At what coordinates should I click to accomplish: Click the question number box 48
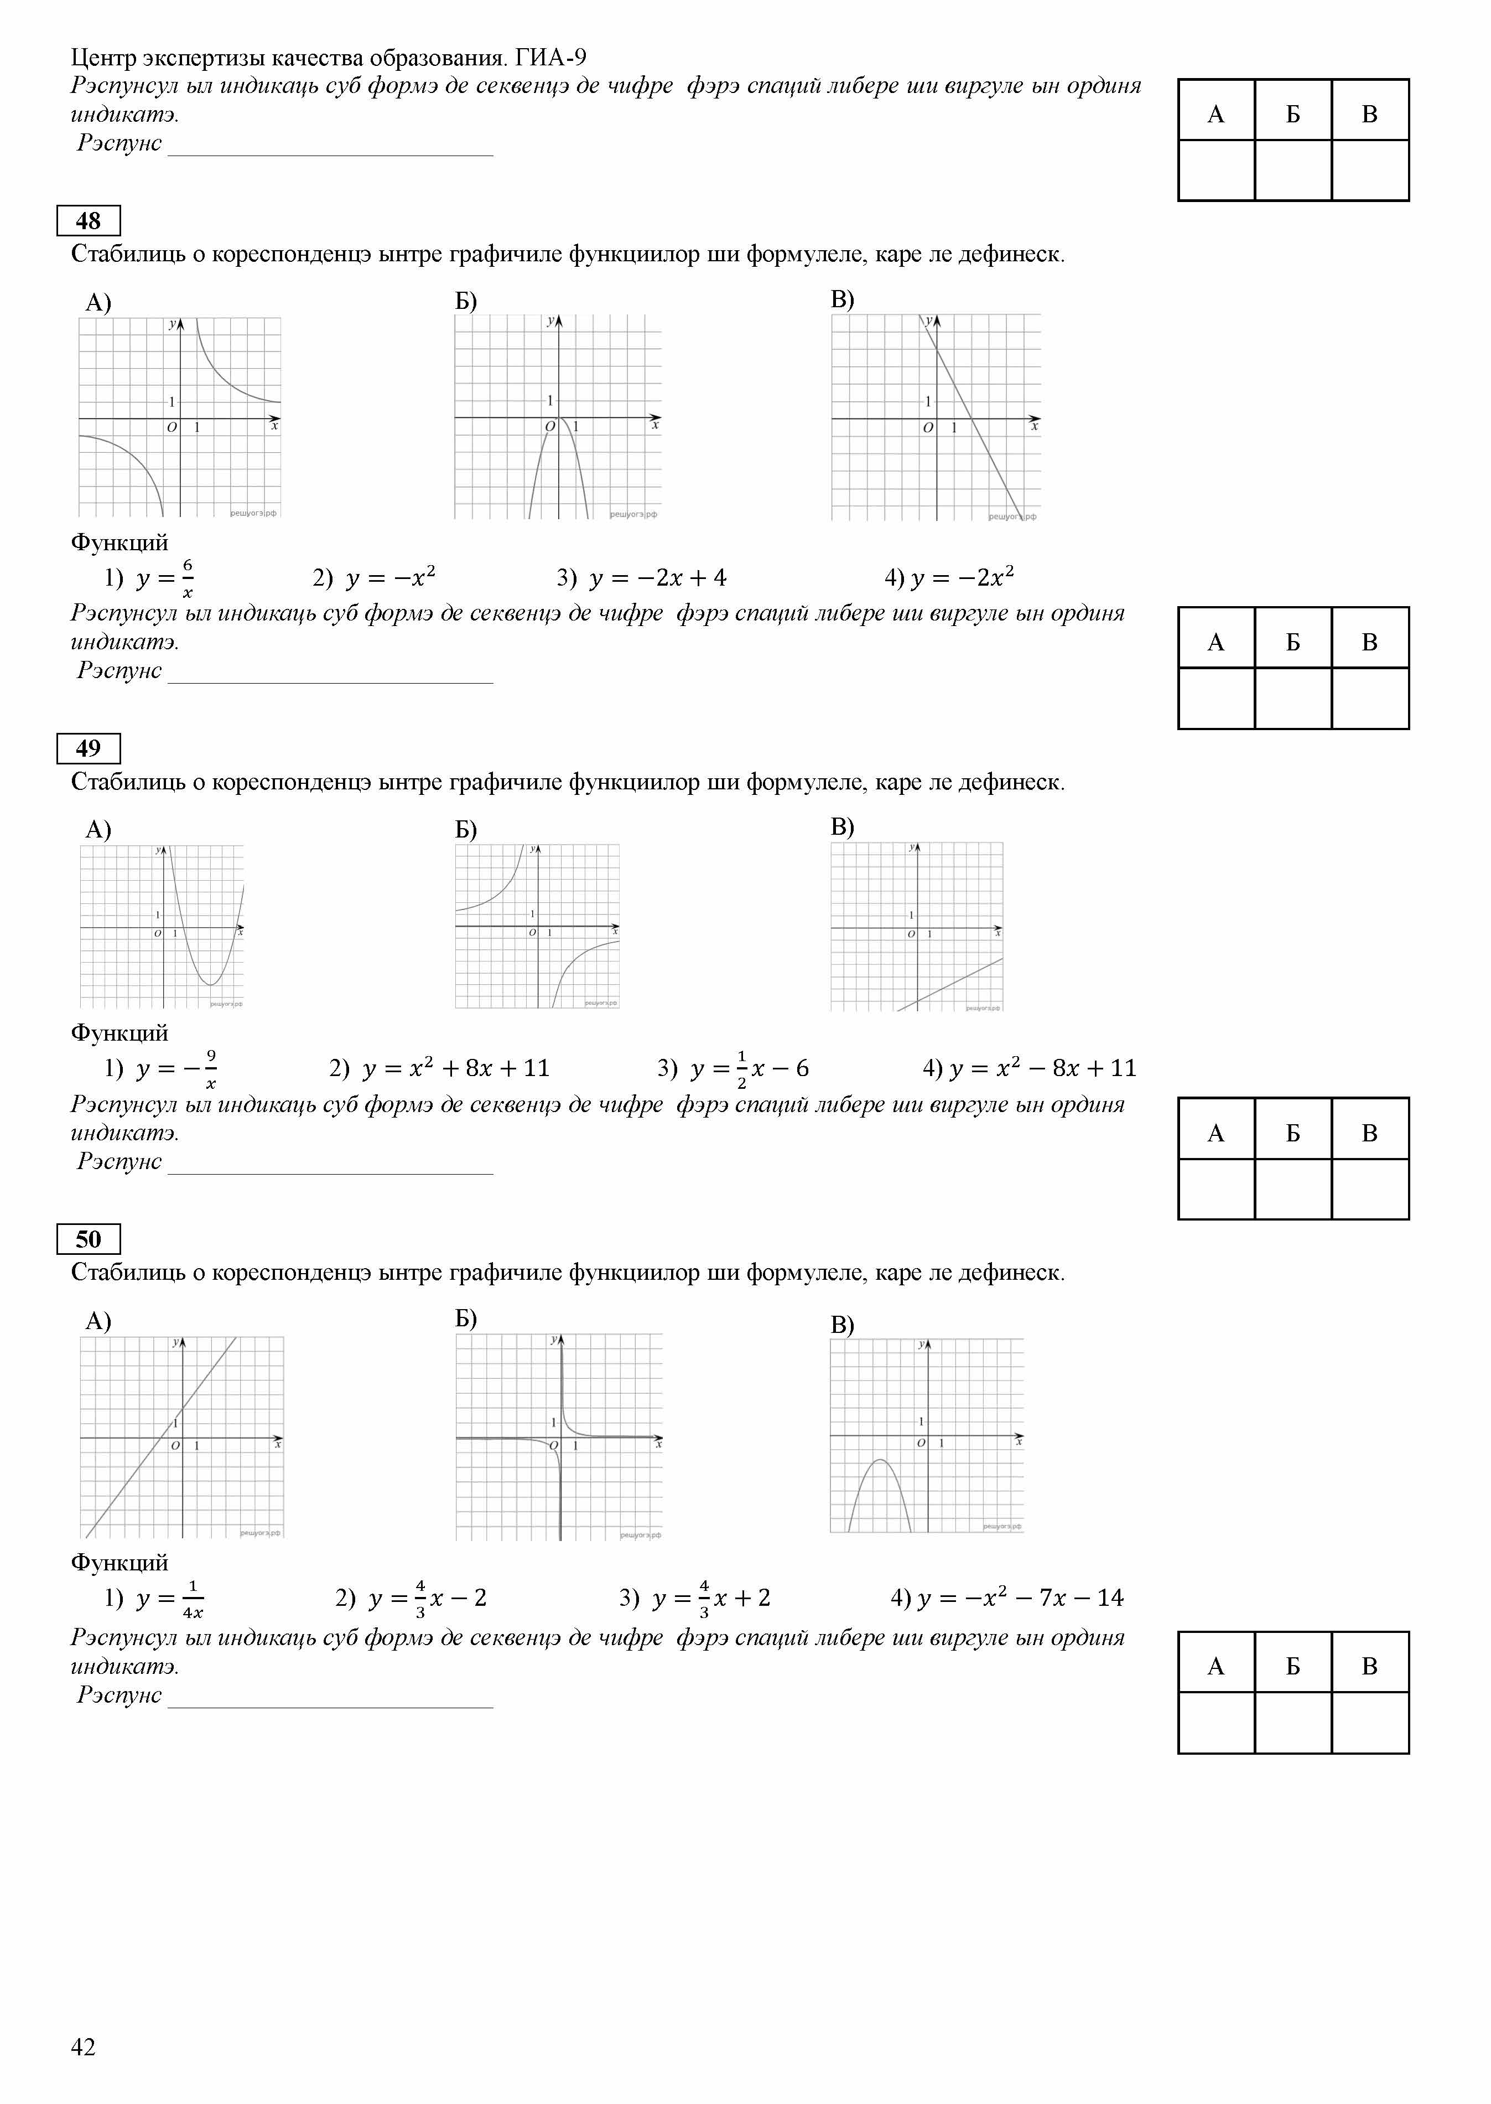[88, 221]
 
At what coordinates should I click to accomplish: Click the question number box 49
[88, 748]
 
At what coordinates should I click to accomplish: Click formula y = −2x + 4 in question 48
[657, 578]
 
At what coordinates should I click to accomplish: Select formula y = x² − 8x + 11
[1042, 1068]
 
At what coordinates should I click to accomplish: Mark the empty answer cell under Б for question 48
[1293, 698]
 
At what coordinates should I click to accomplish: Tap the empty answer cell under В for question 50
[1370, 1723]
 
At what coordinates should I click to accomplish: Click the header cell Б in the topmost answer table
[1293, 115]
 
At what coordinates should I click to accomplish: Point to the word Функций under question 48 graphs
[120, 543]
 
